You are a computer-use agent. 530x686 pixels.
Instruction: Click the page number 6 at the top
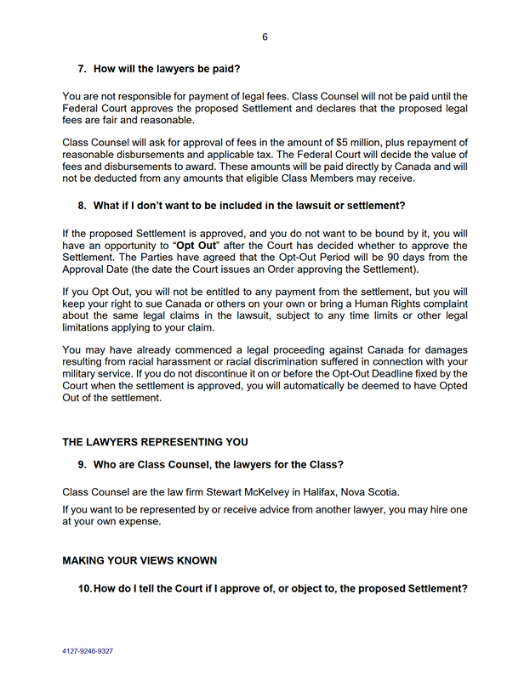click(265, 37)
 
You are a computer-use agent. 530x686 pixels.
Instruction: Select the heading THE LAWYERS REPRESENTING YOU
click(156, 442)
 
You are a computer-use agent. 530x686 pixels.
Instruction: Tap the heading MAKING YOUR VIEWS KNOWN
click(140, 561)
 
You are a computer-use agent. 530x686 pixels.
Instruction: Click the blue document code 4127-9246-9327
click(88, 651)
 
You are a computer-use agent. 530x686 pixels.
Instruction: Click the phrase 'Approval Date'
click(99, 269)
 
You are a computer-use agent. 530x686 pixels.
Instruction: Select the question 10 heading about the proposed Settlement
click(280, 588)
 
